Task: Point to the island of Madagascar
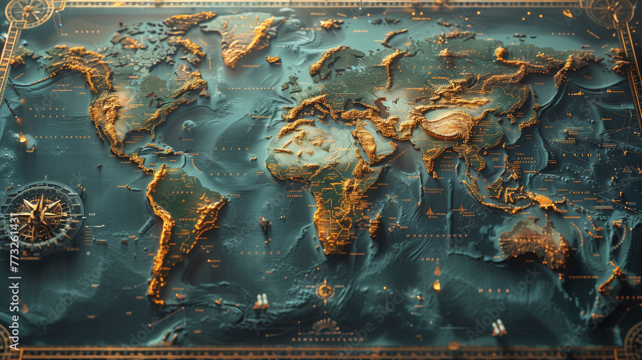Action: click(375, 226)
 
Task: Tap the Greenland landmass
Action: click(243, 35)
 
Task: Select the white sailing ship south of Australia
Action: click(499, 328)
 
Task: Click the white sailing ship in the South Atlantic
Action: click(261, 302)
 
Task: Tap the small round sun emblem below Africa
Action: click(325, 290)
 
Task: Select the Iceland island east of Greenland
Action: click(273, 60)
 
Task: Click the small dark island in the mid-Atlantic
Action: click(264, 224)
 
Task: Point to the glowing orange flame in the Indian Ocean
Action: click(437, 284)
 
